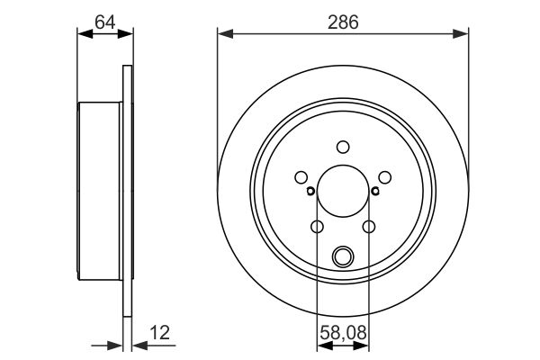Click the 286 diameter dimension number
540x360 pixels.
343,22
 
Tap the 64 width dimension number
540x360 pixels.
105,22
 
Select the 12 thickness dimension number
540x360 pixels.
159,333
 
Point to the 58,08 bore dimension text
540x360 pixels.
344,333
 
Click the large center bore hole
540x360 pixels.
343,191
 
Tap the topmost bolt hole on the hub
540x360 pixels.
343,147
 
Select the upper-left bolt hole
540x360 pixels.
301,177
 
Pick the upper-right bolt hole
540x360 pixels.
384,177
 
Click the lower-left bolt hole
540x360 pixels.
317,227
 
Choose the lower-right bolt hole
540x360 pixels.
369,227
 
